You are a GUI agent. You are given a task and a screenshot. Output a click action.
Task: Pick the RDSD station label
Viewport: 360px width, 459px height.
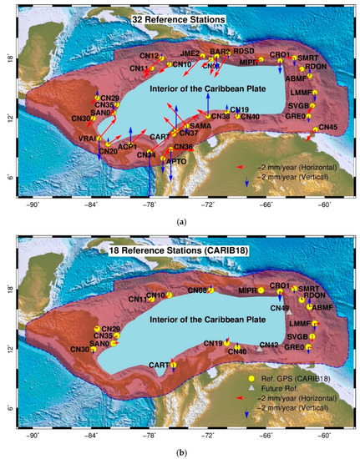pyautogui.click(x=243, y=51)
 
